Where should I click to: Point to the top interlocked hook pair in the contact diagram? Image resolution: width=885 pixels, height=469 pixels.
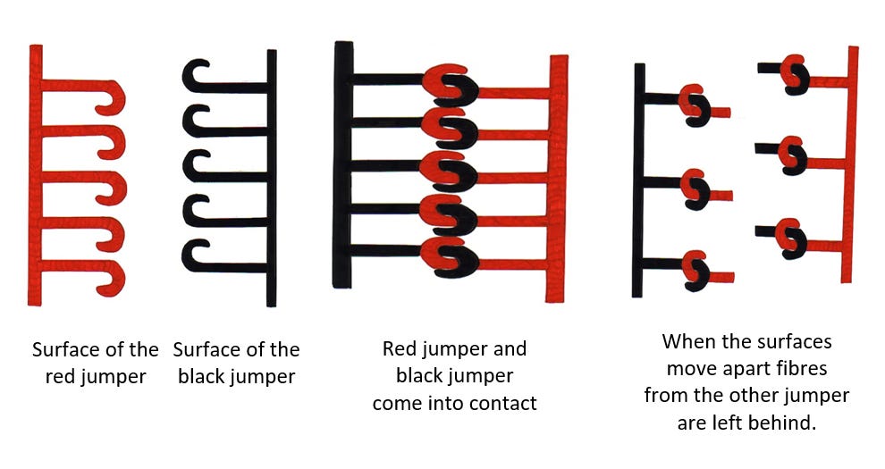450,85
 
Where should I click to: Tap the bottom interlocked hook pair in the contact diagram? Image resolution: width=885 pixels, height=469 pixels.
450,257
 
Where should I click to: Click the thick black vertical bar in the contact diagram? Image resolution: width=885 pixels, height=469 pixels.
342,164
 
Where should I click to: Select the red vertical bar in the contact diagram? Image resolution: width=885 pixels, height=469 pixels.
557,178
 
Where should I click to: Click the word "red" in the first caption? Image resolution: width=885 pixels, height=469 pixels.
58,377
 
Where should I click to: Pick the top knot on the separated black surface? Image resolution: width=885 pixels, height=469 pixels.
695,105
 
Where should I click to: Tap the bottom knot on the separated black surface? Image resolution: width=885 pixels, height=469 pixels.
695,271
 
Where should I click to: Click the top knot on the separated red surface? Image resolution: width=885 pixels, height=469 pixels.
795,74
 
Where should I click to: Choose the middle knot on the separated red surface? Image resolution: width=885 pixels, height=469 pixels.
792,155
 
